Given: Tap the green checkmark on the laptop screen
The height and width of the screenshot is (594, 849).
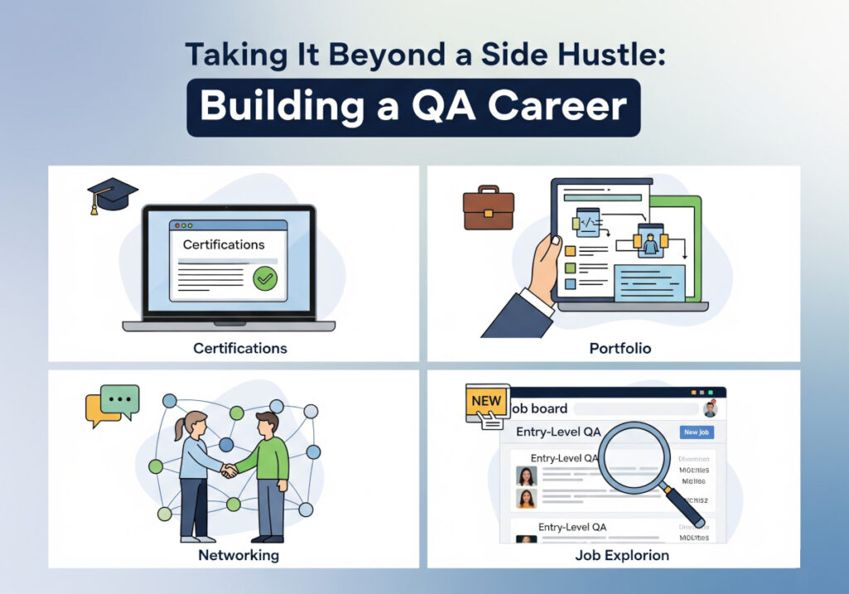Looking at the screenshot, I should click(x=264, y=278).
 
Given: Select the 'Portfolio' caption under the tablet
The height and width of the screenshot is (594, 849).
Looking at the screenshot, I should click(x=620, y=349).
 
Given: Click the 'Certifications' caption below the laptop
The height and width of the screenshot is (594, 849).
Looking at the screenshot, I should click(x=240, y=349).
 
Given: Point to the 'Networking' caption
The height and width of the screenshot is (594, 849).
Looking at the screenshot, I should click(x=238, y=555).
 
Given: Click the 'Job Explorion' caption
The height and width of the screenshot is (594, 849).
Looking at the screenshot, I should click(x=622, y=555).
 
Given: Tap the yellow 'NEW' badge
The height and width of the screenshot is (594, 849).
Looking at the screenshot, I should click(x=487, y=401).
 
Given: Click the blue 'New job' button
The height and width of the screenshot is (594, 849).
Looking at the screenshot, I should click(x=696, y=432).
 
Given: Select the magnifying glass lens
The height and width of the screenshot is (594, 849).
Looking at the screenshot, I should click(x=634, y=456).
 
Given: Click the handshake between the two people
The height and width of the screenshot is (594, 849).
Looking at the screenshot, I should click(x=229, y=470).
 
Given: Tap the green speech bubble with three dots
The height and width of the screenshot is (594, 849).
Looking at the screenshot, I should click(x=121, y=399).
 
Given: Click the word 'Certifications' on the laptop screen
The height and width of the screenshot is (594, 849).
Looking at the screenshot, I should click(x=224, y=244).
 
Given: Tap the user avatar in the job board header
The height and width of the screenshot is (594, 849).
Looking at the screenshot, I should click(x=709, y=408).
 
